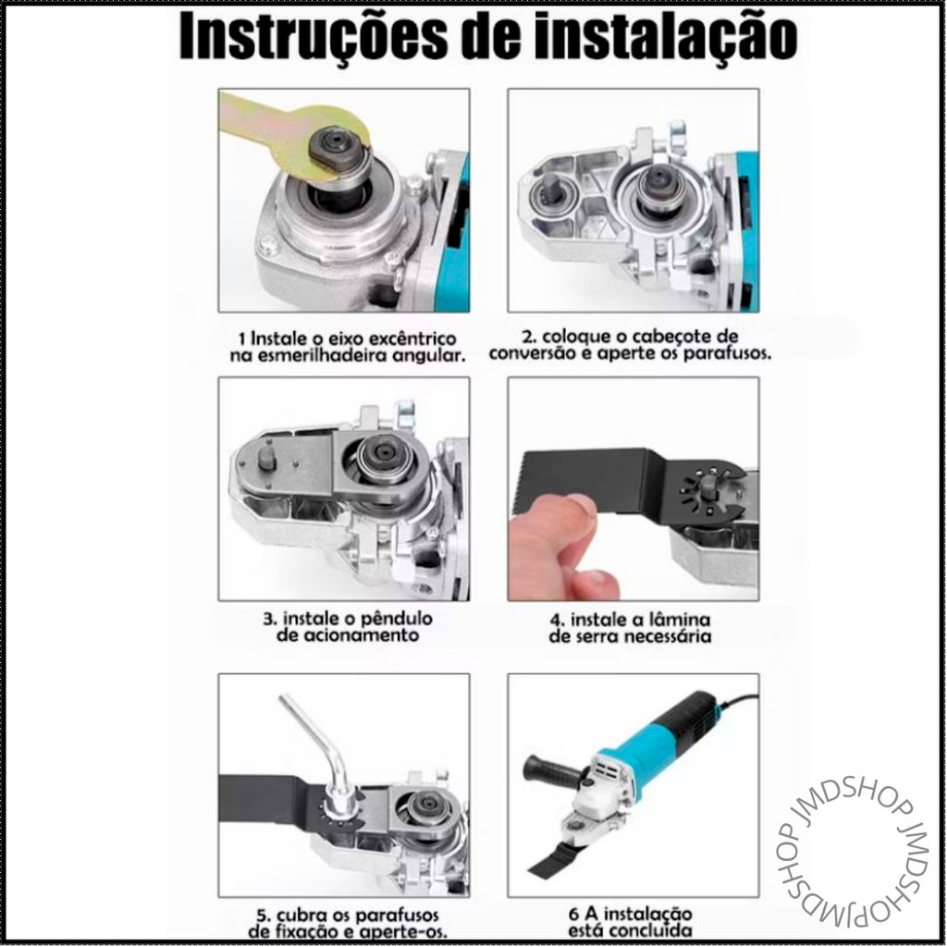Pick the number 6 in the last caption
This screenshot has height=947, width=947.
point(573,914)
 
